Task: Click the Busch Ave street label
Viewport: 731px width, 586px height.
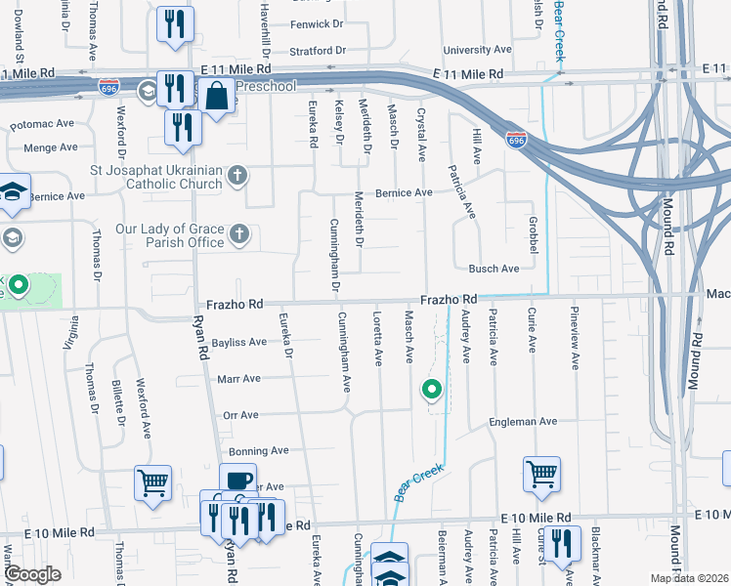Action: (x=494, y=269)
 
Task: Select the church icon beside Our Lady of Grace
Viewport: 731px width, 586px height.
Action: (x=238, y=235)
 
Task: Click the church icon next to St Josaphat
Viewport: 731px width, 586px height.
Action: (x=236, y=177)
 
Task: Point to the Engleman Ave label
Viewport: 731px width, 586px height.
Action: (x=523, y=422)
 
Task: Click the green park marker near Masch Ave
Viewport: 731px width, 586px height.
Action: (x=431, y=391)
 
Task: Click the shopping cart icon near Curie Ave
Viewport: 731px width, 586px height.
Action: (x=541, y=474)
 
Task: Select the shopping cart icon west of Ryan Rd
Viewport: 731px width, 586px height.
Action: (x=153, y=481)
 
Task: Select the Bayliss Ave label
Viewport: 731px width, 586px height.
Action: (x=238, y=342)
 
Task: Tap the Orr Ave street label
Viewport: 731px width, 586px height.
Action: (x=240, y=415)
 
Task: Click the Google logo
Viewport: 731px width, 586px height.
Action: (x=33, y=574)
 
